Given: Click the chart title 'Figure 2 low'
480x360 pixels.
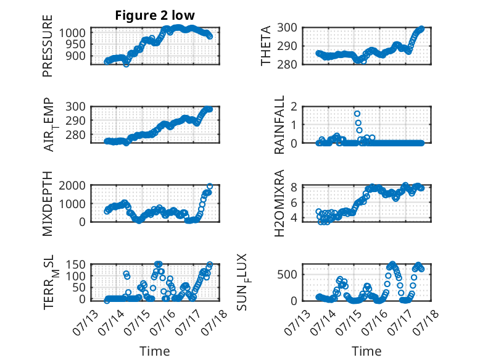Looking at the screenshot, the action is coord(155,15).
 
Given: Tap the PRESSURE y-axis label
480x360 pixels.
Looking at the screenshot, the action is coord(48,46).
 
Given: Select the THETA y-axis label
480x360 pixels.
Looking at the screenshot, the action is coord(266,46).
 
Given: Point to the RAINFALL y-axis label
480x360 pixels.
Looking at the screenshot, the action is coord(279,125).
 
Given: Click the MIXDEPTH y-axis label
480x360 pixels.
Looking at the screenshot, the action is coord(48,204).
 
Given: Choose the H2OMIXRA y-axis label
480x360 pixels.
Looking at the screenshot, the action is coord(279,203).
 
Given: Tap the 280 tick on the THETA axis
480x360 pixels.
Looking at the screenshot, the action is coord(287,65).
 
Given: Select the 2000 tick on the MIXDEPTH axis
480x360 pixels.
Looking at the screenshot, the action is coord(72,186).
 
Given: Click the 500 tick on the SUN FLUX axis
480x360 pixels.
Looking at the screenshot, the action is coord(287,275).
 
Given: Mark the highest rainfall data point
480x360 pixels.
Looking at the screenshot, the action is coord(357,114).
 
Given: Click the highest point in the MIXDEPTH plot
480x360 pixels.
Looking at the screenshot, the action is coord(210,186).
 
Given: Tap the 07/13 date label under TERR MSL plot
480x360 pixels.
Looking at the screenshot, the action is coord(85,322).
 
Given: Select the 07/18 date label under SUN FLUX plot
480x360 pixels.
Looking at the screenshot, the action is coord(426,322).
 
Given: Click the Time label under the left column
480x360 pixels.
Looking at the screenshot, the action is coord(155,351).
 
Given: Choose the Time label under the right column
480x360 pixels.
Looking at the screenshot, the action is coord(366,351).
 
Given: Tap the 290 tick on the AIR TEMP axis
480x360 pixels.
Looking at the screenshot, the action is coord(75,120).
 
